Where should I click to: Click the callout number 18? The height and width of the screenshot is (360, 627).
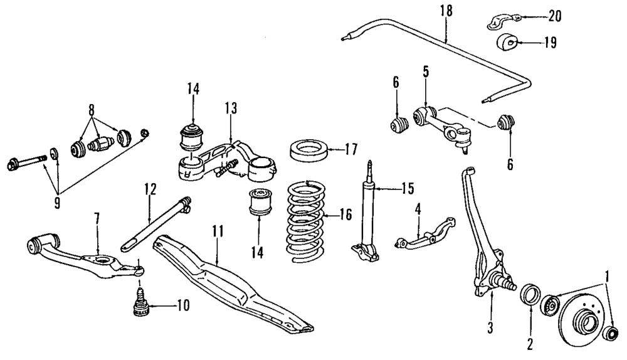446,11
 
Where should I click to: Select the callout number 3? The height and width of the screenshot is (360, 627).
490,326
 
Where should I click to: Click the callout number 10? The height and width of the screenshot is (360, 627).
182,307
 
